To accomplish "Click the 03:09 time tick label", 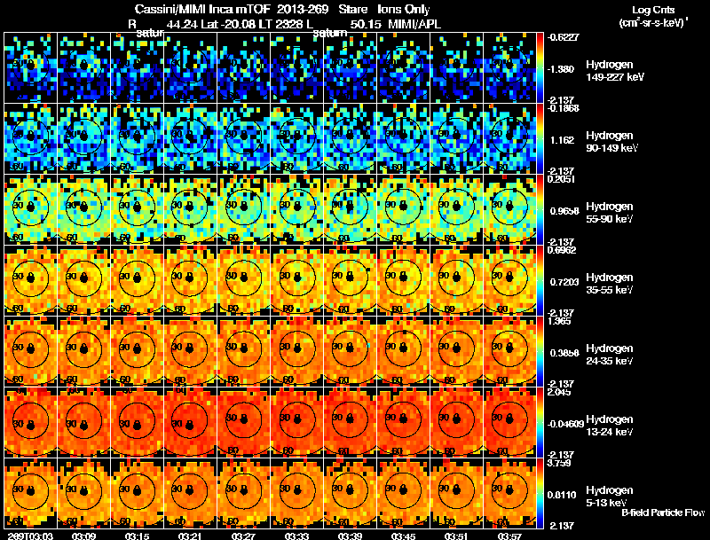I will pyautogui.click(x=85, y=536).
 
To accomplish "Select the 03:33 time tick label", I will pyautogui.click(x=298, y=536).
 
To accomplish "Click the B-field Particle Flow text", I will pyautogui.click(x=662, y=513).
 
